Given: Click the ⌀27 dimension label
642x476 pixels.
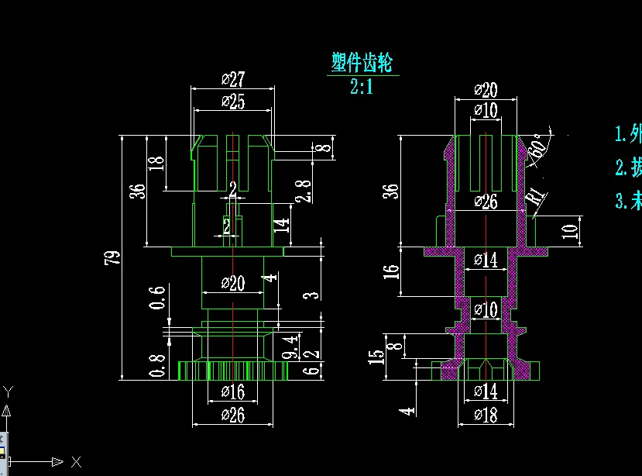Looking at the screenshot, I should (232, 79).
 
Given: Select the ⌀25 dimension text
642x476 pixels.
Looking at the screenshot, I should (232, 102).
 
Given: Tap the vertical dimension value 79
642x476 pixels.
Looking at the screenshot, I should (111, 258).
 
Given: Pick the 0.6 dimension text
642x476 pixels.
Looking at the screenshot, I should (158, 297).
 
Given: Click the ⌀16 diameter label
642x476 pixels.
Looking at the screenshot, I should (232, 391).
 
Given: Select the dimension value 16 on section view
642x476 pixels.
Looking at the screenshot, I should (392, 271).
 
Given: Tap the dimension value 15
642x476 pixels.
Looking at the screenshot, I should (377, 357).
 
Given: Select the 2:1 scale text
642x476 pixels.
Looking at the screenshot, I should (362, 86).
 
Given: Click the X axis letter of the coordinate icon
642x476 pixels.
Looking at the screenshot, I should (76, 462).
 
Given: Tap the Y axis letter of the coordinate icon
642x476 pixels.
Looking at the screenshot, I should (8, 391).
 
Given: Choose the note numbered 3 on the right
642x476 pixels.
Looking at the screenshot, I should (627, 202).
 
